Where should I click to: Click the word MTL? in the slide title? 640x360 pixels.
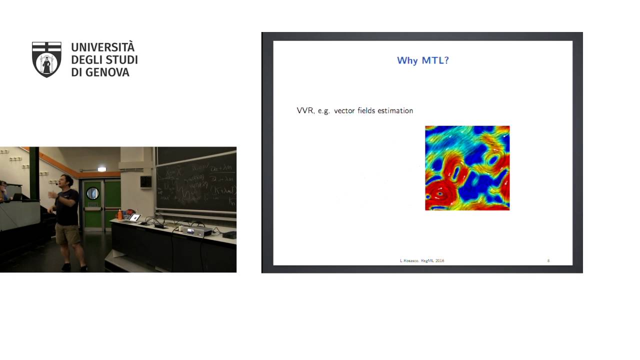click(x=436, y=60)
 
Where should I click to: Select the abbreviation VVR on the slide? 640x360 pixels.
click(x=305, y=110)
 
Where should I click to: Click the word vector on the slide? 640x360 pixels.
click(x=344, y=110)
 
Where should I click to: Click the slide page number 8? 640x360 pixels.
click(x=548, y=260)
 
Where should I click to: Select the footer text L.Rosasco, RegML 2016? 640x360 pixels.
click(x=422, y=260)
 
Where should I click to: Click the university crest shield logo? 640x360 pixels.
click(x=46, y=59)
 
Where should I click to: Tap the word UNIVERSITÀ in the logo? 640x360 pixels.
click(x=103, y=47)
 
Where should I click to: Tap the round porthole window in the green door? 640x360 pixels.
click(x=93, y=193)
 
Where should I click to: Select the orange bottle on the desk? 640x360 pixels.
click(x=119, y=214)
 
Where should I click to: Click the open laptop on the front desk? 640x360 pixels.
click(x=134, y=217)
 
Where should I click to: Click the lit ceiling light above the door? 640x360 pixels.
click(x=102, y=169)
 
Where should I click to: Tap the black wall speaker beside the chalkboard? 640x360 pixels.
click(x=145, y=181)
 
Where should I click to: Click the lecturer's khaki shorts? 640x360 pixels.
click(x=67, y=234)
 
